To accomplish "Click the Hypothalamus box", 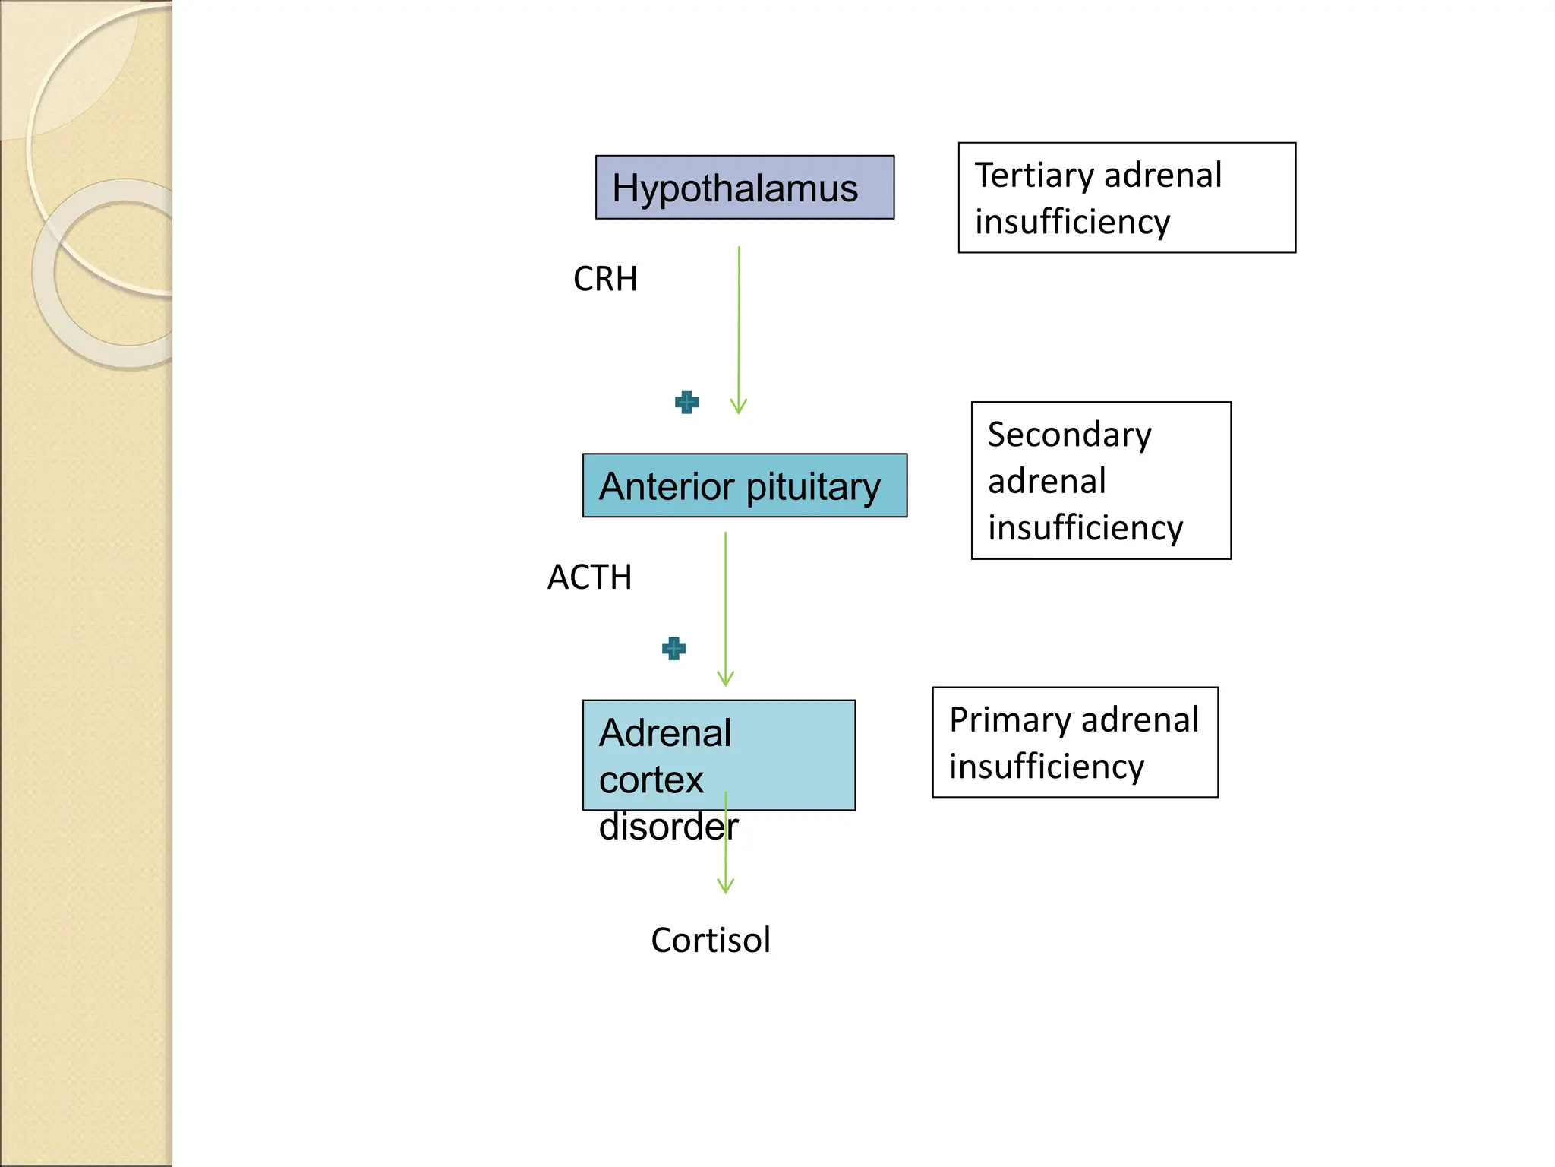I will click(744, 188).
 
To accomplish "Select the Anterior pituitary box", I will click(744, 485).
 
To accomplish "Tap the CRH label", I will click(605, 279).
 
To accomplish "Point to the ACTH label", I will click(590, 577).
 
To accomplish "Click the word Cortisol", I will click(711, 941).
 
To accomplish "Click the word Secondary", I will click(1069, 435).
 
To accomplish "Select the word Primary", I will click(999, 719).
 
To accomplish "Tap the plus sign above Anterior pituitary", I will click(686, 402).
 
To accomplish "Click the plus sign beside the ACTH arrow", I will click(673, 648).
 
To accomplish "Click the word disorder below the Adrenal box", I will click(668, 827).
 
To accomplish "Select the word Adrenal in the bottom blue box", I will click(665, 733).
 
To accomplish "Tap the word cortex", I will click(651, 780).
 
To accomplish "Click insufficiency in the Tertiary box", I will click(1072, 222).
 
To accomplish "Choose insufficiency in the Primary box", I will click(1046, 767).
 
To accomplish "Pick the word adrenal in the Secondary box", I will click(1046, 482).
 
